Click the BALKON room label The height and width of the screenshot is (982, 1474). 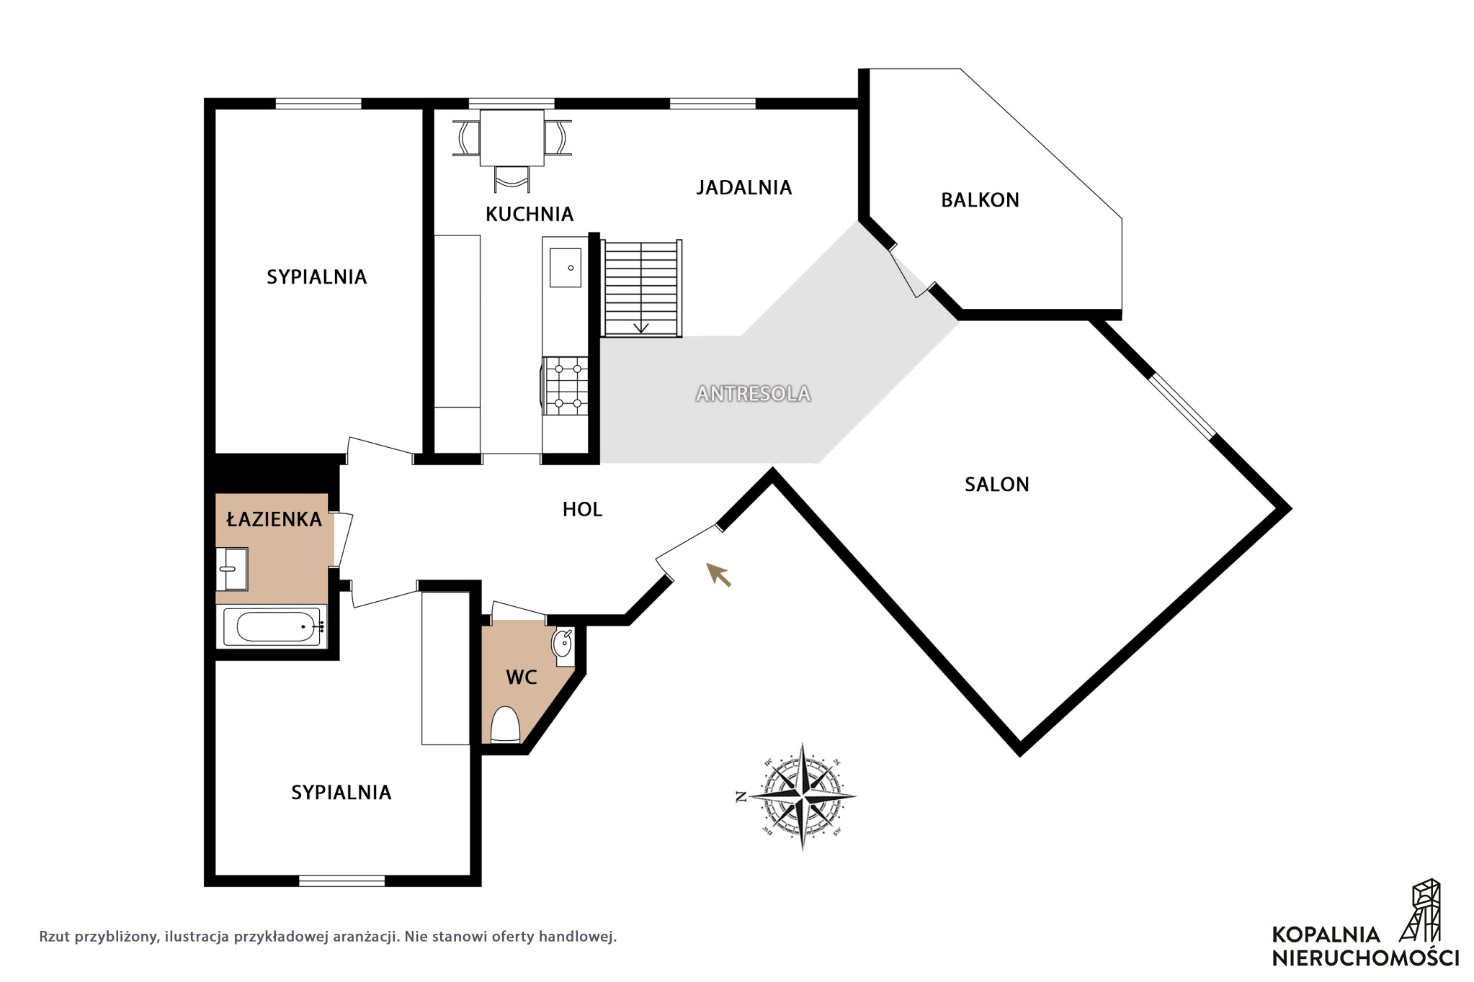coord(980,200)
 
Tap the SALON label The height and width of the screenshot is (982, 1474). coord(996,485)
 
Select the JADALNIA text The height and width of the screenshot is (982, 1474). coord(743,188)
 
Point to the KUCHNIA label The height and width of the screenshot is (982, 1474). coord(529,214)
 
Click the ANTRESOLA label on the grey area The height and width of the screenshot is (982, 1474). coord(753,394)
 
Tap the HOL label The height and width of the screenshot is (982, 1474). coord(582,510)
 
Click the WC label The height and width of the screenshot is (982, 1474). coord(522,677)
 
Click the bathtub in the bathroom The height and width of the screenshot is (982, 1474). coord(272,626)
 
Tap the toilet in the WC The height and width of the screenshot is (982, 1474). coord(505,724)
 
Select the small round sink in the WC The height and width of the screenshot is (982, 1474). coord(563,643)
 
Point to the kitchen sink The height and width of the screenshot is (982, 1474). coord(565,268)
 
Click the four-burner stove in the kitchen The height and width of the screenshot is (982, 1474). coord(565,387)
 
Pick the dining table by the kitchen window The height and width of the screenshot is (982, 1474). coord(512,138)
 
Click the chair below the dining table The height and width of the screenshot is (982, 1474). coord(512,179)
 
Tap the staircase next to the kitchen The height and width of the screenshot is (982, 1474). coord(641,289)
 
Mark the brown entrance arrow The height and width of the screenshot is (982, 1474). coord(718,575)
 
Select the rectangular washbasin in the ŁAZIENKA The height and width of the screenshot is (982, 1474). coord(232,569)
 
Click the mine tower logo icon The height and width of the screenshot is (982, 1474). coord(1421,910)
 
